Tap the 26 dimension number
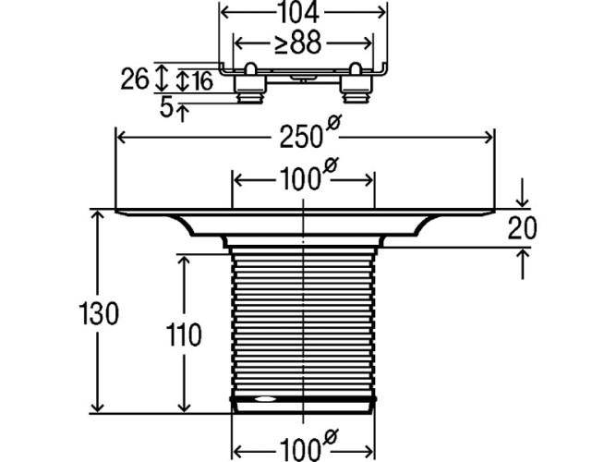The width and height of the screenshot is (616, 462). pyautogui.click(x=135, y=79)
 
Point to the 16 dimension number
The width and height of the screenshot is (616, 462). pyautogui.click(x=201, y=81)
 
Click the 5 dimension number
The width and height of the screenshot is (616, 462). pyautogui.click(x=166, y=109)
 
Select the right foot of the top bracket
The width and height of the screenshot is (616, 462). pyautogui.click(x=356, y=86)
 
